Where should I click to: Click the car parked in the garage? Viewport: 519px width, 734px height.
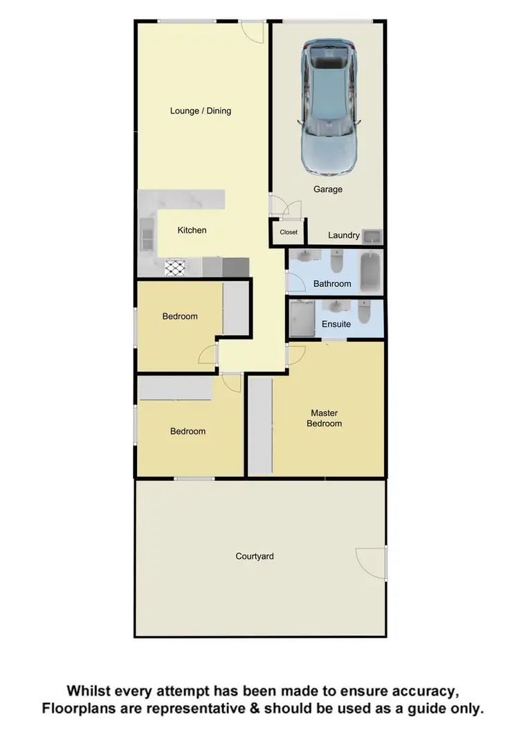[329, 107]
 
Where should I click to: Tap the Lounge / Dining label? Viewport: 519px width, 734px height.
[201, 111]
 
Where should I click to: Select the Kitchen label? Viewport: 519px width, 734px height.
[192, 230]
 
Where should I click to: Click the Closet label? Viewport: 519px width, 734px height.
[289, 232]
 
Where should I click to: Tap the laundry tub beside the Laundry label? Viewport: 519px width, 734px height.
[372, 236]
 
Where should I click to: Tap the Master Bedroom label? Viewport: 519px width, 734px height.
[325, 419]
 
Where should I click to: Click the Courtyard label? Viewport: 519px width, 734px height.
[255, 556]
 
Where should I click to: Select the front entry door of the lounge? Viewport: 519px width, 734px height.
[253, 31]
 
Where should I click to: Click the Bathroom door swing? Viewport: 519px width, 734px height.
[295, 282]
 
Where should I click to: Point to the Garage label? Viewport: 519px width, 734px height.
[328, 189]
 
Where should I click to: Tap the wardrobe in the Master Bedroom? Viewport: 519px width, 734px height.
[261, 425]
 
